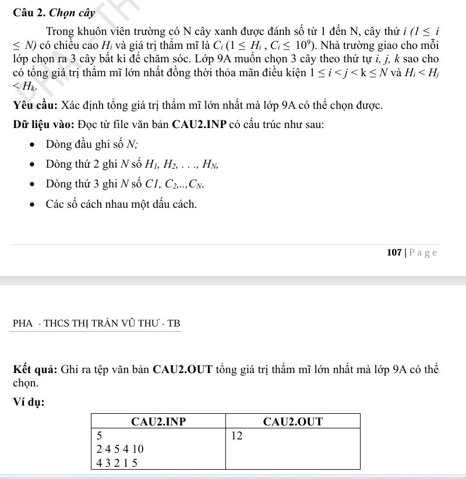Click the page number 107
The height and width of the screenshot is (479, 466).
394,252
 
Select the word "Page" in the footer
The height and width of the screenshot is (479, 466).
423,252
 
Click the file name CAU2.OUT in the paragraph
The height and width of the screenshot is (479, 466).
184,368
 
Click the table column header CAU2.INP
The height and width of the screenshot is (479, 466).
158,421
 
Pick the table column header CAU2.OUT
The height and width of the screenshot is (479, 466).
293,421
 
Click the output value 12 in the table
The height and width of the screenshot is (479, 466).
236,435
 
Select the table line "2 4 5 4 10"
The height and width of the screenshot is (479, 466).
120,449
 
